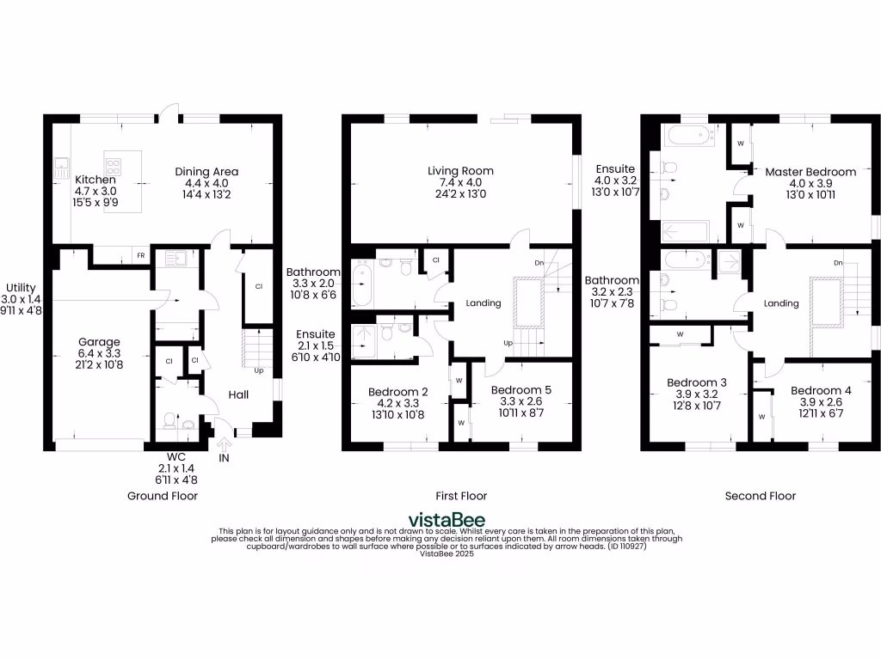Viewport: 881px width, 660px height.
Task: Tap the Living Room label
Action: point(460,171)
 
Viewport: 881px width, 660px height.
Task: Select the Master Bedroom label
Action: point(810,172)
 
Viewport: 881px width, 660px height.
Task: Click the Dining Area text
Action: point(206,171)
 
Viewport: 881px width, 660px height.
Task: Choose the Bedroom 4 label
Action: point(821,390)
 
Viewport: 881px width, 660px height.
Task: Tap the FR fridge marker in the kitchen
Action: point(140,255)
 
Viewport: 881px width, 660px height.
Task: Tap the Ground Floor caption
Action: point(163,496)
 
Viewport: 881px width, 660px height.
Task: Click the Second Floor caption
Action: point(760,496)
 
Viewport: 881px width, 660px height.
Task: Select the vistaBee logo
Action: point(446,520)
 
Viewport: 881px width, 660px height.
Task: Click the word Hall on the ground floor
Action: point(238,394)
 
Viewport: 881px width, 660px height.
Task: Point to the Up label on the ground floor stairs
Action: point(258,370)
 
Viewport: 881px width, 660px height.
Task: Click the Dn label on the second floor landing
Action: point(838,262)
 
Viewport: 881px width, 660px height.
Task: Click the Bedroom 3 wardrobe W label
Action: point(680,334)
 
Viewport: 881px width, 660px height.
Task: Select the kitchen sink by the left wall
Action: point(61,168)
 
